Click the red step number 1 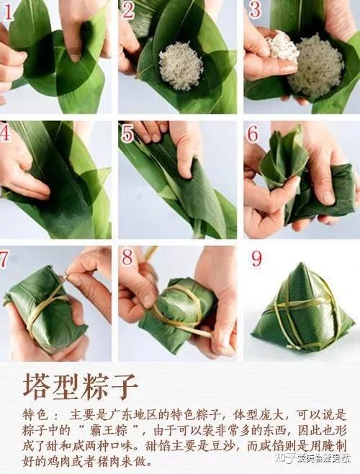pos(8,11)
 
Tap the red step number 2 pos(128,10)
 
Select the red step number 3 pos(254,10)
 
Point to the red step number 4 pos(6,132)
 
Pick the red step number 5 pos(127,133)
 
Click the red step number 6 pos(253,133)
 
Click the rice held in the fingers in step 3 pos(282,47)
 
